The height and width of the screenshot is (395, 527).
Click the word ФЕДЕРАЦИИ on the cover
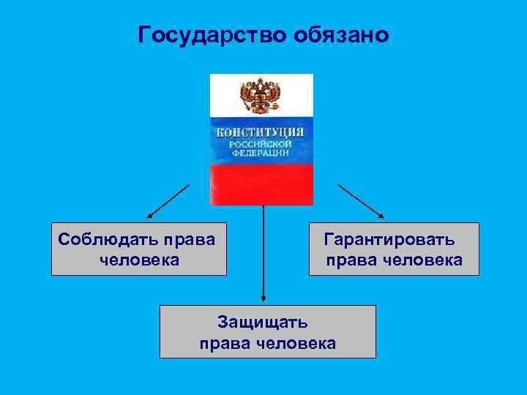tap(261, 154)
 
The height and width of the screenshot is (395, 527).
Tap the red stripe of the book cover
tap(261, 184)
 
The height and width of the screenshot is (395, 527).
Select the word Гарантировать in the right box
tap(389, 239)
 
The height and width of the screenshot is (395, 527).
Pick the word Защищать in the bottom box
tap(263, 322)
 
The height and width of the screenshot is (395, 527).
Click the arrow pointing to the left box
tap(168, 201)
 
